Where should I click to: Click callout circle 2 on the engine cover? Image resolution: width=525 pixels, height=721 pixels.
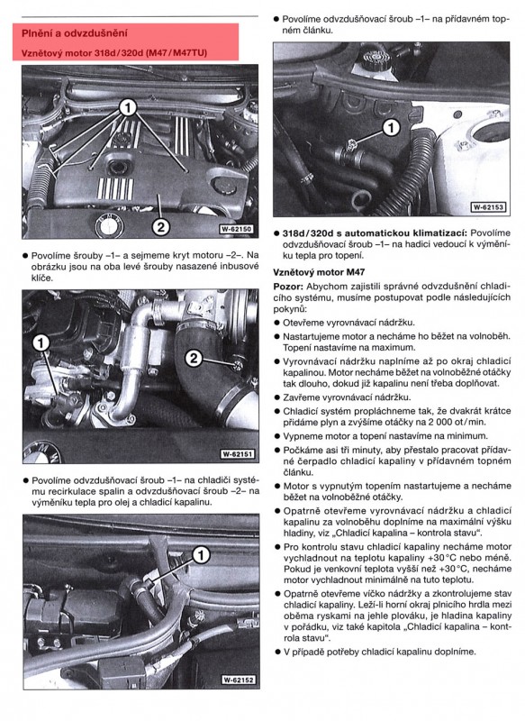[x=158, y=226]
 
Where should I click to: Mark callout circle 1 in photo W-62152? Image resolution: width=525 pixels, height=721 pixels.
[x=200, y=554]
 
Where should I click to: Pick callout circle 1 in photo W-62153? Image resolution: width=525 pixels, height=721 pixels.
[x=390, y=128]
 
